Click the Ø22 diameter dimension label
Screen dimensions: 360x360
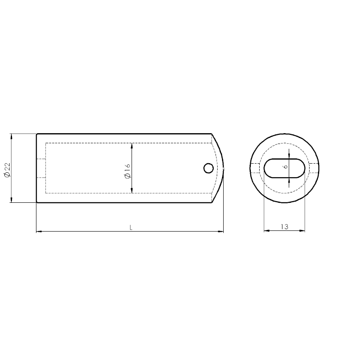point(7,170)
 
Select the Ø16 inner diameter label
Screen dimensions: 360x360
point(128,171)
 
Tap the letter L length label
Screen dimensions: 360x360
point(131,228)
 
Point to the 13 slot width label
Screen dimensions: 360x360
point(284,227)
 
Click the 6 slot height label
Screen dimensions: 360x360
point(286,166)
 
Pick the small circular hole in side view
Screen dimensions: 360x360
point(208,168)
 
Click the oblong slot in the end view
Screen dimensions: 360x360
point(284,168)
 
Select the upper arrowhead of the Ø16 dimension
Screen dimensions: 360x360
point(132,146)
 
